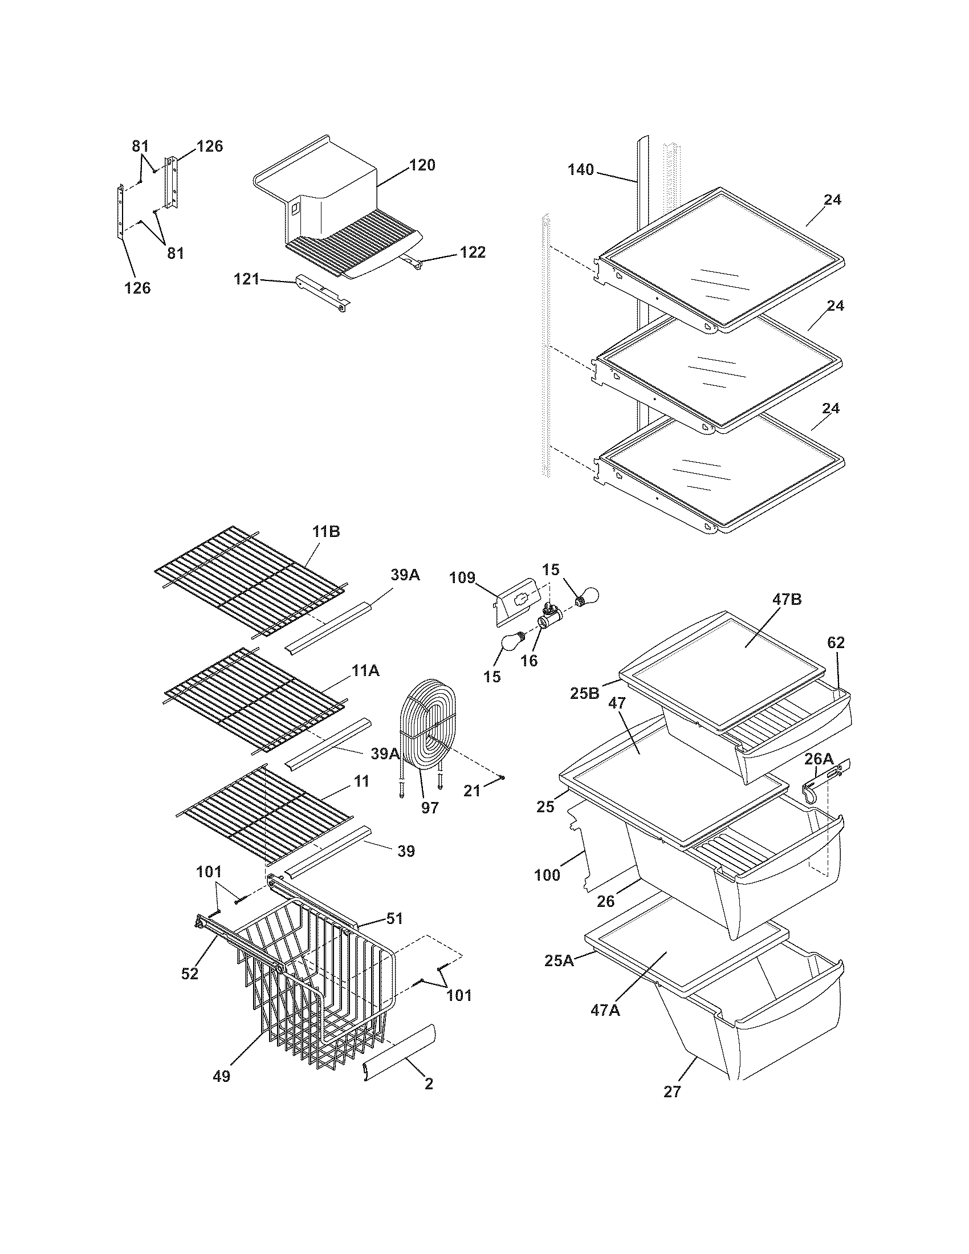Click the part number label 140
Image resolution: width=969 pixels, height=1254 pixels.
[x=580, y=170]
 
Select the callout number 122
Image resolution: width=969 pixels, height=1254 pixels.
[x=473, y=252]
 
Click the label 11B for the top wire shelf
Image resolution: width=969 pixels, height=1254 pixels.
[x=326, y=532]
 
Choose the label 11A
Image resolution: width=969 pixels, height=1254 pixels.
[x=366, y=671]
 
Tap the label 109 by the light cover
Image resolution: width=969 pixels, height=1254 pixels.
[x=463, y=577]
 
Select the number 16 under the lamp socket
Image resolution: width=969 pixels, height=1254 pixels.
[x=529, y=660]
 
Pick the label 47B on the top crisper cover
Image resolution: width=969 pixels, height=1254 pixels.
[x=786, y=600]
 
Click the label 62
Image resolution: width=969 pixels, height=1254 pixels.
[x=835, y=642]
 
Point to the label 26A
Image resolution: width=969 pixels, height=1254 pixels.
[x=819, y=760]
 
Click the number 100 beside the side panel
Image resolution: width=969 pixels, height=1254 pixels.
[x=547, y=876]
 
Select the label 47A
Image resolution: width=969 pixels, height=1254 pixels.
[x=605, y=1009]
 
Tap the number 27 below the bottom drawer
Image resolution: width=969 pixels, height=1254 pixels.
[x=671, y=1092]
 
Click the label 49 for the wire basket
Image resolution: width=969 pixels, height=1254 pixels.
[x=221, y=1076]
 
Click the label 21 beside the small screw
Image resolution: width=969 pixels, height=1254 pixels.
[x=472, y=791]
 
